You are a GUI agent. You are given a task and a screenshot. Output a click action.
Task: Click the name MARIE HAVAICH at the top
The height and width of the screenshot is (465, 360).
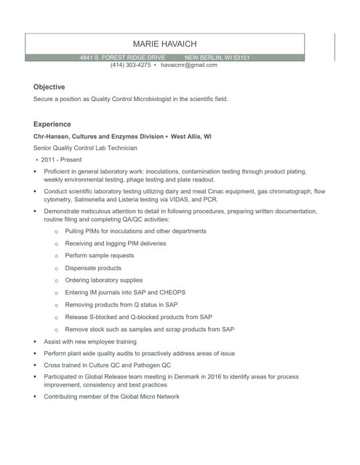coord(165,44)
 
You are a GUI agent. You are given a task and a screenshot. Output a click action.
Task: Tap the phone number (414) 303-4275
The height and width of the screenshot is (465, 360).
coord(130,65)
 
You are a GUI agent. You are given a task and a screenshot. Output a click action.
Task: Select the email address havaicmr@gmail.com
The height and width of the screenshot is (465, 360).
coord(189,65)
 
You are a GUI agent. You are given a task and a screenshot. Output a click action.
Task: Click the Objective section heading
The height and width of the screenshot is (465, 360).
coord(49,86)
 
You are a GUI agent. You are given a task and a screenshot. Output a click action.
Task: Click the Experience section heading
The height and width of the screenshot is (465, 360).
coord(52,124)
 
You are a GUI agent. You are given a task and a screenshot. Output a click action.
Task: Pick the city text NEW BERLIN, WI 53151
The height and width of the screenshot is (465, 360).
coord(217,57)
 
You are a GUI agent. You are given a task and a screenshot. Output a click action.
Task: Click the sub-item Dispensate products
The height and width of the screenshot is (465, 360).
coord(93,267)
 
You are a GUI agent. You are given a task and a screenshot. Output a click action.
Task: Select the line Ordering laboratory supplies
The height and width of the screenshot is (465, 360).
coord(103,280)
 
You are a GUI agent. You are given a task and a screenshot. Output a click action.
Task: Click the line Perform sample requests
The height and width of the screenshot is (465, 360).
coord(99,255)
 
